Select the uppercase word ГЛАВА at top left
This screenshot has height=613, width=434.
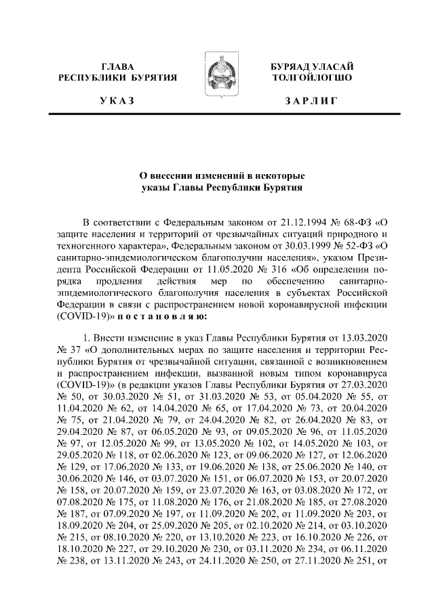click(x=117, y=66)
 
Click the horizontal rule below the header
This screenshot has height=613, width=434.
click(x=217, y=117)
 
